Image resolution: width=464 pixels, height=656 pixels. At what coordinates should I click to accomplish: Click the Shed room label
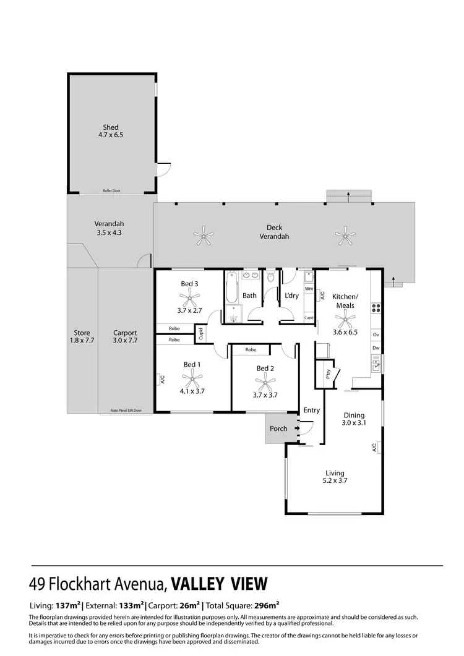click(111, 127)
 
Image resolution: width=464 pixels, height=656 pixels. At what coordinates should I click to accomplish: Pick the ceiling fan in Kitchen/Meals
click(345, 320)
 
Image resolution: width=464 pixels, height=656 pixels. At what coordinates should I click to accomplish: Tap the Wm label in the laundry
click(309, 289)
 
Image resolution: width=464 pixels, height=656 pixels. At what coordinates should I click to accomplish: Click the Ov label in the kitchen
click(376, 335)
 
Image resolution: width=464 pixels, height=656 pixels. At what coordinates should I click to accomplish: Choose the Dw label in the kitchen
click(376, 349)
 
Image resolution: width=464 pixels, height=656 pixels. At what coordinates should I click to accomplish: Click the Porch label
click(278, 428)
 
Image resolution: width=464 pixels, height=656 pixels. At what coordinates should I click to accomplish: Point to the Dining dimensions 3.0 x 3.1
click(354, 424)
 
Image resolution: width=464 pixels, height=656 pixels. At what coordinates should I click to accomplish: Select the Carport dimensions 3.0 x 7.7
click(125, 341)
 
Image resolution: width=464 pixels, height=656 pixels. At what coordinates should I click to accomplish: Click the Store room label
click(82, 333)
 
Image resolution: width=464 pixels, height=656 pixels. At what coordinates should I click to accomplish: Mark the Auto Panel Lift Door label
click(126, 411)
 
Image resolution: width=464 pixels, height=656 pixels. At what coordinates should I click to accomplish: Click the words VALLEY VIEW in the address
click(219, 584)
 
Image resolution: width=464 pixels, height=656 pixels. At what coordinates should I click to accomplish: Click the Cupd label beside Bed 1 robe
click(201, 334)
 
